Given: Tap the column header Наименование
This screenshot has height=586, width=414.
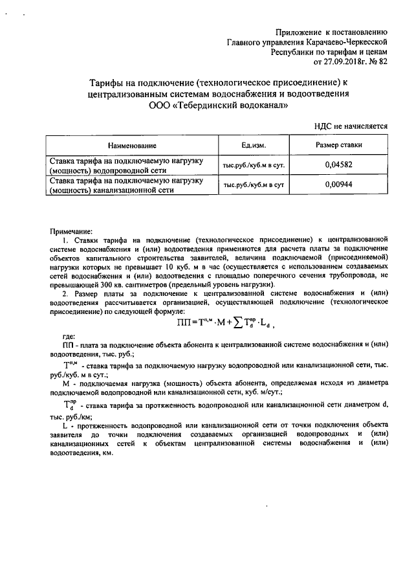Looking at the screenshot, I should click(132, 145).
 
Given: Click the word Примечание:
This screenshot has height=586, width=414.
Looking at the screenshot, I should click(71, 231).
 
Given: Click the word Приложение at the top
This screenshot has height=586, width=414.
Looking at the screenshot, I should click(299, 31).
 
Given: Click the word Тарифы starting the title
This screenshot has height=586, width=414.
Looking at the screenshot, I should click(105, 82).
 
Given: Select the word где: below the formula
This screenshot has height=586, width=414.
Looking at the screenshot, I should click(69, 337).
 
